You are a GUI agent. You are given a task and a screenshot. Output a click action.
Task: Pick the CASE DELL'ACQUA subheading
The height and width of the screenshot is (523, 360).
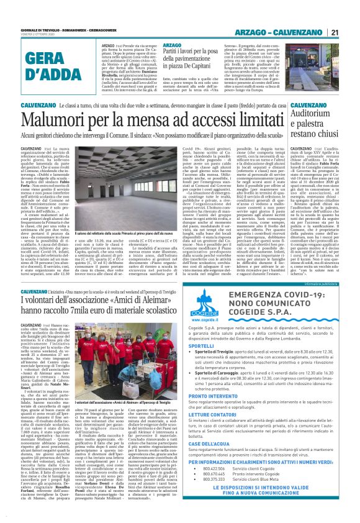(x=227, y=460)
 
